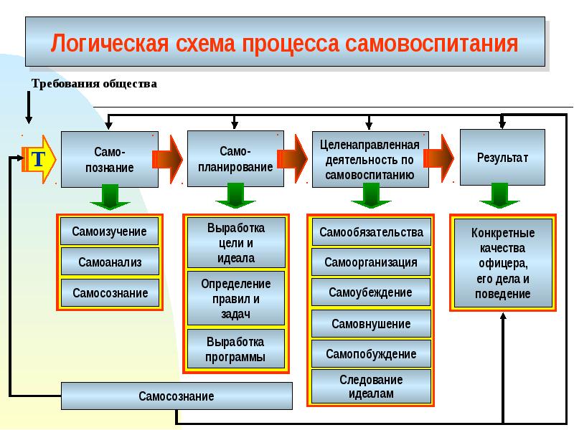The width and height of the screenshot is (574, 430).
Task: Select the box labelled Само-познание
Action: (109, 159)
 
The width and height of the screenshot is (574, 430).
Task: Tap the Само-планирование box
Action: (235, 159)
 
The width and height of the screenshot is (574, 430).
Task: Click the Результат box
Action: (502, 157)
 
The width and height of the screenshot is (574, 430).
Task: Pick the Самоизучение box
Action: (109, 231)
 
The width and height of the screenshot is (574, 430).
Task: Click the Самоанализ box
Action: (109, 262)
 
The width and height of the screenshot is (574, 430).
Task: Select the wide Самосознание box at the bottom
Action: (177, 396)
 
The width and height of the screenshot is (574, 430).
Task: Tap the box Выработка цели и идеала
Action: (235, 243)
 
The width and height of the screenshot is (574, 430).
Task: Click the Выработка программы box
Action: (235, 349)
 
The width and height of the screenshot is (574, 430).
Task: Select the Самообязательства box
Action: (371, 232)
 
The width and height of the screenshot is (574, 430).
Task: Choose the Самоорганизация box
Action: (371, 262)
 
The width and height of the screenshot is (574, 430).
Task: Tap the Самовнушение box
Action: (371, 324)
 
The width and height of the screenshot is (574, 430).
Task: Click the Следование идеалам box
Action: (371, 386)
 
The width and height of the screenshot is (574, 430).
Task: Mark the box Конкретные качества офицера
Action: (502, 263)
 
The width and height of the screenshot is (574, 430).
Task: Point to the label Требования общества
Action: (94, 84)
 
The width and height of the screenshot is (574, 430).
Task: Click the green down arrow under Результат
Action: (501, 195)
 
